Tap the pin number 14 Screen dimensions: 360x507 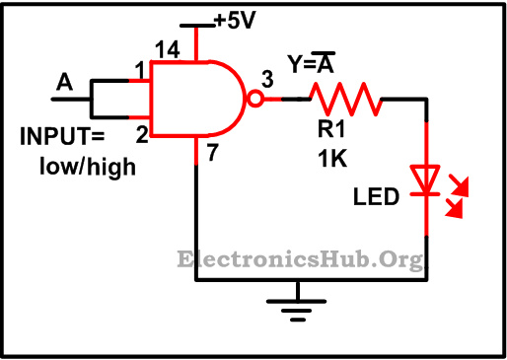pos(169,48)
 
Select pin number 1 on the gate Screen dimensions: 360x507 pos(141,69)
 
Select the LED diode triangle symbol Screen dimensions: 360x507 pos(426,179)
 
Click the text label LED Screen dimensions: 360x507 pos(377,197)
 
